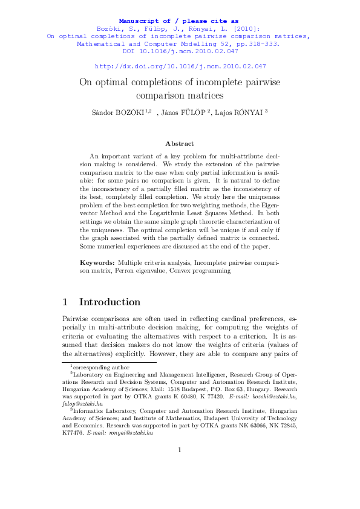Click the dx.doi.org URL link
click(x=180, y=66)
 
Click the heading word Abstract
click(x=180, y=143)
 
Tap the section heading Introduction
click(x=110, y=302)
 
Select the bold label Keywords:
click(x=97, y=263)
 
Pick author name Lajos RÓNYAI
click(x=238, y=112)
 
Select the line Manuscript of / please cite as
click(x=180, y=21)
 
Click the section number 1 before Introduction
click(x=65, y=302)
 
